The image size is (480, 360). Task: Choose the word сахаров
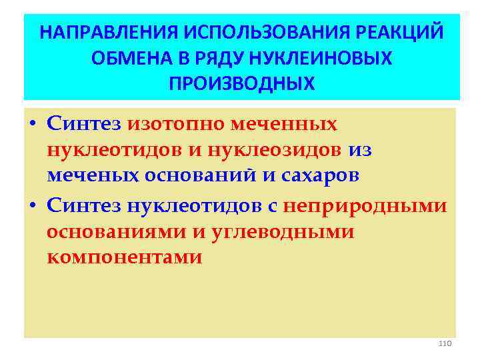point(317,176)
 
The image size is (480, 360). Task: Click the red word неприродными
point(365,207)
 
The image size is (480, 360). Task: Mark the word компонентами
point(124,258)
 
